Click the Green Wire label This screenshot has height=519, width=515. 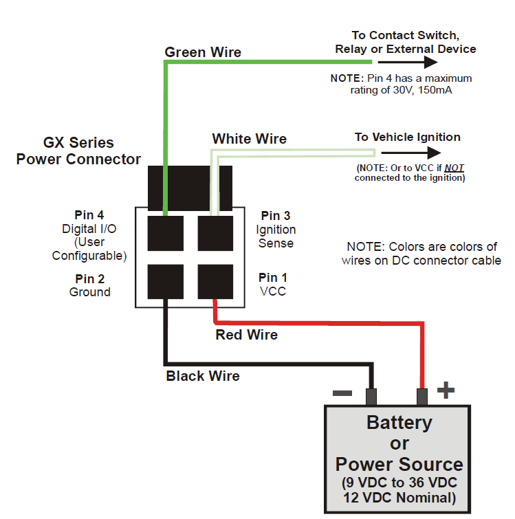click(x=203, y=52)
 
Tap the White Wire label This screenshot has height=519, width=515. click(x=249, y=139)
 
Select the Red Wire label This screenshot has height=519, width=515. click(x=247, y=335)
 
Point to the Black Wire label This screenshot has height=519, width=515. click(x=203, y=376)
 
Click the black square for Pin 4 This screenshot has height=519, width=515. click(x=166, y=233)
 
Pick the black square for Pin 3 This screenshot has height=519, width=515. click(x=215, y=233)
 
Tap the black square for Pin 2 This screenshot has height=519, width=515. click(x=166, y=282)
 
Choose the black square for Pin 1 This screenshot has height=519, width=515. click(x=215, y=282)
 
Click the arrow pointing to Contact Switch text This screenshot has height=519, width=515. click(x=408, y=62)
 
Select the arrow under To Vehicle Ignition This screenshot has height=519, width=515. click(x=411, y=153)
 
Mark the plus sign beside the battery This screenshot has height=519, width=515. click(x=446, y=390)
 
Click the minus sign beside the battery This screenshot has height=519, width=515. click(x=342, y=393)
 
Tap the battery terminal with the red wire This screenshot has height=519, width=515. click(x=422, y=397)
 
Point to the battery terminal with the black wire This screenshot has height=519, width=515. click(x=371, y=397)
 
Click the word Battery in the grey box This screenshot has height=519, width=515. click(x=399, y=423)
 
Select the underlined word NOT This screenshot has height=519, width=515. click(x=454, y=168)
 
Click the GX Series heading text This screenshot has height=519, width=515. click(x=78, y=143)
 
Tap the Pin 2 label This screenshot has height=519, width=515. click(x=89, y=278)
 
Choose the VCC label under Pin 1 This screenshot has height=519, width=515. click(x=273, y=291)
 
